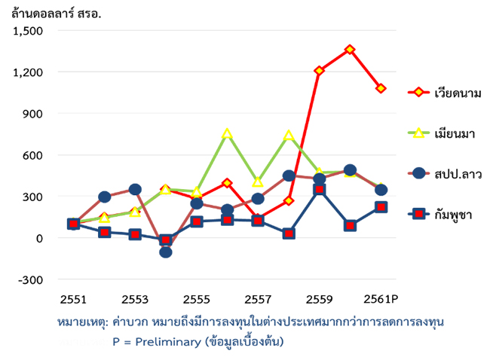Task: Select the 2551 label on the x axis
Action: click(72, 299)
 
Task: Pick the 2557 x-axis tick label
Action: click(258, 299)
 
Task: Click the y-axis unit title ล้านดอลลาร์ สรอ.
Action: click(57, 14)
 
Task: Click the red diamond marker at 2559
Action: click(320, 71)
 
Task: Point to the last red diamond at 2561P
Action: click(381, 88)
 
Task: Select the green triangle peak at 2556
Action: click(227, 134)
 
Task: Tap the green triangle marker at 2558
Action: click(289, 136)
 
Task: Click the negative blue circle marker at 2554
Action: click(165, 252)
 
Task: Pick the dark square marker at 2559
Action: click(320, 190)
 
